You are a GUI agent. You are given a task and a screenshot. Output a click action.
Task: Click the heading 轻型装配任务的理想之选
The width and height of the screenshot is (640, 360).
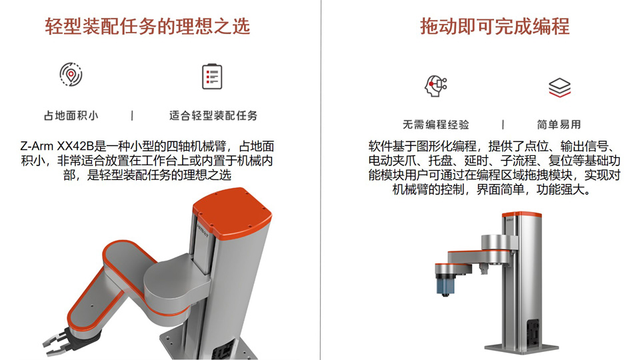tap(147, 27)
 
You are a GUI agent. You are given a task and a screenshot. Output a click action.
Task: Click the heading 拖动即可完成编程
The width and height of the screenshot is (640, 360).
tap(495, 27)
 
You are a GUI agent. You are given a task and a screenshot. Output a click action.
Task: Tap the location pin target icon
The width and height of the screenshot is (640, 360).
tap(71, 74)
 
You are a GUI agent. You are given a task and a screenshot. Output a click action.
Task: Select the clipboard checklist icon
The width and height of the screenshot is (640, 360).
tap(212, 76)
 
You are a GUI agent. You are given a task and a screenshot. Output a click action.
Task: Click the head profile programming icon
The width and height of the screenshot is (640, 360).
tap(435, 86)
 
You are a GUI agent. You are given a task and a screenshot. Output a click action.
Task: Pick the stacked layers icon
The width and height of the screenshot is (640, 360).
tap(559, 87)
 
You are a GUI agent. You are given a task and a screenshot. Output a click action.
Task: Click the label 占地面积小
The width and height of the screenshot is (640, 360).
tap(71, 116)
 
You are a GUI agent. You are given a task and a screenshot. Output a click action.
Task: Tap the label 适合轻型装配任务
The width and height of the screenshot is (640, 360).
tap(213, 116)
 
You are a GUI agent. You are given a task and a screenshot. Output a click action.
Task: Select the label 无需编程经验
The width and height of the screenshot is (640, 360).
tap(436, 125)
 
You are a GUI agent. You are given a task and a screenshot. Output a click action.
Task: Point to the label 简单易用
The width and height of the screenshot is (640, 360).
tap(559, 125)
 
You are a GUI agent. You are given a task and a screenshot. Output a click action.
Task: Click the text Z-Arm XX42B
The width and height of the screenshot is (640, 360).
tap(57, 146)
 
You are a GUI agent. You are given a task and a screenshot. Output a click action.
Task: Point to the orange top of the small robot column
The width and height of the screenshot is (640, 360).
tap(521, 215)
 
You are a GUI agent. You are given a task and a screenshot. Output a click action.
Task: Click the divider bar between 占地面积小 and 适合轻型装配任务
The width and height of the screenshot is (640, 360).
tap(132, 116)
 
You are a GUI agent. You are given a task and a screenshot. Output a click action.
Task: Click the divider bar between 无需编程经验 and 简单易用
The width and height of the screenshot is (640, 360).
tap(503, 125)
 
